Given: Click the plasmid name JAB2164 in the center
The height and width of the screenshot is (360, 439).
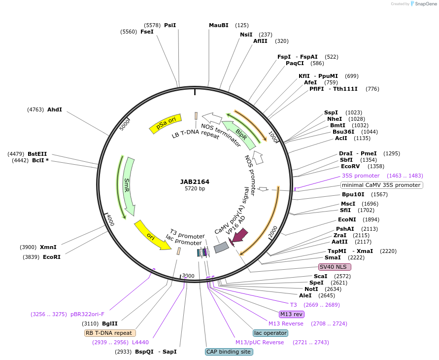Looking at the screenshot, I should [x=195, y=181].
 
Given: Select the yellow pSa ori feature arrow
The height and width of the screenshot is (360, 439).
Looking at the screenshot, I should [x=165, y=123].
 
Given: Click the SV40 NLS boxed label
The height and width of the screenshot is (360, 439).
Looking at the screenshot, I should [x=335, y=267].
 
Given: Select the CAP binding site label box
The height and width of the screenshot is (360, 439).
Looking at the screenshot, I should [x=229, y=352].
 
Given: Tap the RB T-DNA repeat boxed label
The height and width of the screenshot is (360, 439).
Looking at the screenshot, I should [x=110, y=333].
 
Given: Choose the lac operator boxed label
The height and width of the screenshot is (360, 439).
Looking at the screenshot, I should [x=270, y=333].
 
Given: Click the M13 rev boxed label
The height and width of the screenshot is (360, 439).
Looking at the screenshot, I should [x=291, y=314].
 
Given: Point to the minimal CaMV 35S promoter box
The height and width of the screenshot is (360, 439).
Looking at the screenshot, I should [x=382, y=185].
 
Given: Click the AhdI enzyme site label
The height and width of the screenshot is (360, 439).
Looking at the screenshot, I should [x=55, y=109].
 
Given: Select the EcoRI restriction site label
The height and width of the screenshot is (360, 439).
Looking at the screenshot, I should [x=52, y=257].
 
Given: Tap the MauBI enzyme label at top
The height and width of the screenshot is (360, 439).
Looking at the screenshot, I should [x=219, y=25].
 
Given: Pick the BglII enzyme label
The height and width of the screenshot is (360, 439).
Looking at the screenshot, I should [x=110, y=324].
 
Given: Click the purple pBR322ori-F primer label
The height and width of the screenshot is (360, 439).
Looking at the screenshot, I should [x=87, y=314].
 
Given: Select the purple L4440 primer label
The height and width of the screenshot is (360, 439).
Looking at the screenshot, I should [x=140, y=342].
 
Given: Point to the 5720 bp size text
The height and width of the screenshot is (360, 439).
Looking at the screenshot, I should [x=195, y=188].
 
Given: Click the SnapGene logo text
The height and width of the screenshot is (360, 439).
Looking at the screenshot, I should [x=425, y=4].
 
